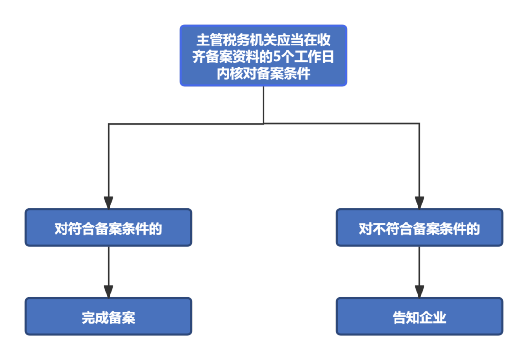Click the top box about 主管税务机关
click(x=263, y=56)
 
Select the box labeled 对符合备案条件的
click(x=108, y=228)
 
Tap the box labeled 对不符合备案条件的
click(x=419, y=228)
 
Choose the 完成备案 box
click(x=108, y=317)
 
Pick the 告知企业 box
click(x=419, y=317)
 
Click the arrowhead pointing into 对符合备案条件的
click(x=108, y=202)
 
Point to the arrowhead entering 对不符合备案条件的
click(x=419, y=202)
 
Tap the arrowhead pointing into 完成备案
click(x=108, y=291)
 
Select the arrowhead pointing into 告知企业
click(x=419, y=291)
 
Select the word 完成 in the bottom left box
click(x=95, y=317)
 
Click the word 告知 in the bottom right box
click(x=406, y=317)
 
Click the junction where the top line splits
click(x=264, y=124)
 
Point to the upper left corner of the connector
click(x=109, y=124)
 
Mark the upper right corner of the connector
click(x=419, y=124)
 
